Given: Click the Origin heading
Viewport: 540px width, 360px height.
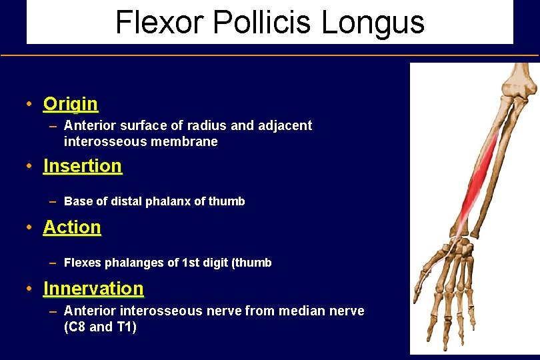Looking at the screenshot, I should (71, 104).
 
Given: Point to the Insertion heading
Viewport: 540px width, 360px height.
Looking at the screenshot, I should (83, 165).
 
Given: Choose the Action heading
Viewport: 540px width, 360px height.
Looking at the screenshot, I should (72, 227).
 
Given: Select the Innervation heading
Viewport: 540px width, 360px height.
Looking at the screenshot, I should (93, 288).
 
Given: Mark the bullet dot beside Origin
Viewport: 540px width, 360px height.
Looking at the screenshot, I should (29, 105).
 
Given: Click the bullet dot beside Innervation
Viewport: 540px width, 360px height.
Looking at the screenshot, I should (29, 289).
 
